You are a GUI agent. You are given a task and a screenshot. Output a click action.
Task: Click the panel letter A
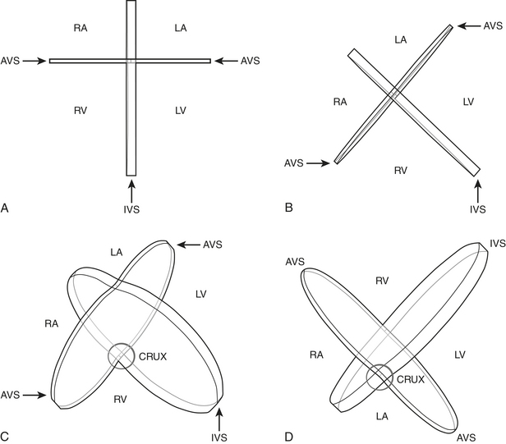5,208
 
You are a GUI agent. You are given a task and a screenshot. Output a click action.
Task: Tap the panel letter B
288,208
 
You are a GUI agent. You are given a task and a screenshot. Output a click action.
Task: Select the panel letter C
5,436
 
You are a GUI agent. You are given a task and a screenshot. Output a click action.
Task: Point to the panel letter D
288,436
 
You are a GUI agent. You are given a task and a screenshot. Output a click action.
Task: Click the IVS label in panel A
131,210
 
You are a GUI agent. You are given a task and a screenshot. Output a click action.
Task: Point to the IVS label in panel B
477,210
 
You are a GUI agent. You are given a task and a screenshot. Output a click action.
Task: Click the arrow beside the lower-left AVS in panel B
318,162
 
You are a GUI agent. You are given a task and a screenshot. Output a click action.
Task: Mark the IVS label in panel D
496,244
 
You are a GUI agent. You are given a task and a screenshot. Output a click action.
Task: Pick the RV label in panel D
381,281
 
